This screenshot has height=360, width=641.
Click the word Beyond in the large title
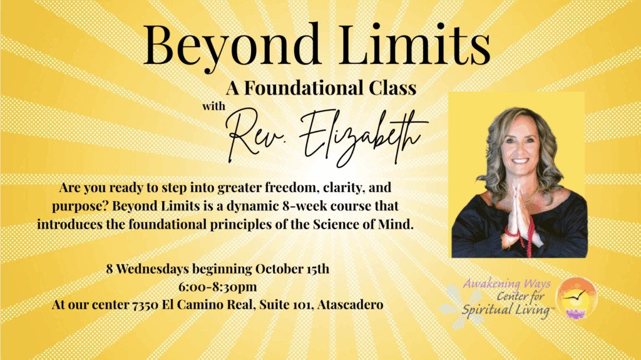point(232,46)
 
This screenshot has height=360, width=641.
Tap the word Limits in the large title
point(415,44)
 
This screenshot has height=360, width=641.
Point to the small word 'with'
point(214,106)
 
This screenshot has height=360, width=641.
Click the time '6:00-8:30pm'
point(217,287)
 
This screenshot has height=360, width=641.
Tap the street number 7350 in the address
point(145,305)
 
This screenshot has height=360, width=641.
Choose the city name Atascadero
point(351,305)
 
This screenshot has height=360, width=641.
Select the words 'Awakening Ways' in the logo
point(506,284)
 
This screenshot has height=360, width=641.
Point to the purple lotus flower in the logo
point(577,314)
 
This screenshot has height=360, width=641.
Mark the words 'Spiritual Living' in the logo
point(506,309)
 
